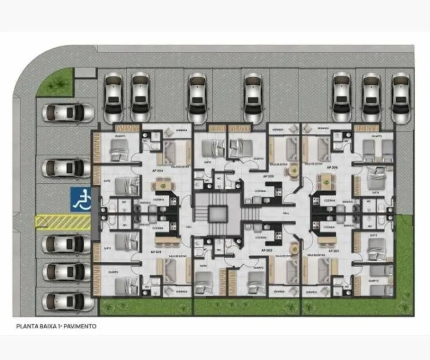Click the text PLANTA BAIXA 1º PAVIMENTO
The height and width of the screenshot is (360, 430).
(x=57, y=326)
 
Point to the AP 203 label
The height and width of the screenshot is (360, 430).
(x=156, y=251)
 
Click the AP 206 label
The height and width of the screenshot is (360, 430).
(x=332, y=167)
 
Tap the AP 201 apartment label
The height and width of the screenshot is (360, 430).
(x=333, y=251)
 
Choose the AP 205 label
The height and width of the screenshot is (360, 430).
(x=269, y=176)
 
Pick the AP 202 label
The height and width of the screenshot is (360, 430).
(x=267, y=250)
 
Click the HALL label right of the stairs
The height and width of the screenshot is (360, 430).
(x=286, y=212)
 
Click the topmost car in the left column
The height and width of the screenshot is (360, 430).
(x=68, y=113)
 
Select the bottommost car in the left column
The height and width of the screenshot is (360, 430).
(x=66, y=301)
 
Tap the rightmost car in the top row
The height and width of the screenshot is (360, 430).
(x=401, y=97)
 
